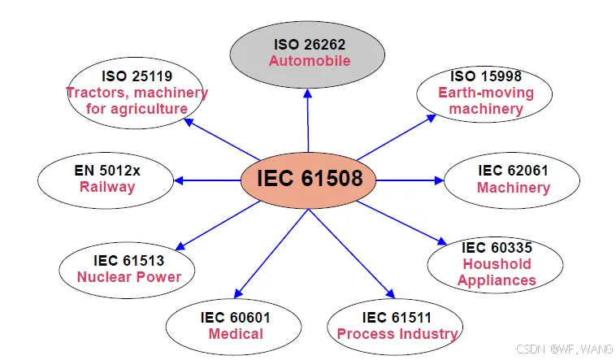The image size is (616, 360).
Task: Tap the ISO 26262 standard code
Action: [310, 44]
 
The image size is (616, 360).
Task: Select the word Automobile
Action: [310, 61]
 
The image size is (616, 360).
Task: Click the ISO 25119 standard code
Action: [137, 76]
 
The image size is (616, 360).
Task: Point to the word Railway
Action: [107, 187]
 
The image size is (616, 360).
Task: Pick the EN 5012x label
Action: [107, 171]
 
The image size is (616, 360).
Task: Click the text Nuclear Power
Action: [129, 276]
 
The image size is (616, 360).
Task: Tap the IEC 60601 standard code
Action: [236, 317]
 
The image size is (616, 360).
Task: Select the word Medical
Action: [236, 333]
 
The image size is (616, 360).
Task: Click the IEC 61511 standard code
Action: [397, 317]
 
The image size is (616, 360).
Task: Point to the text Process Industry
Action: [397, 333]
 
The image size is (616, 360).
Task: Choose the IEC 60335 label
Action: [497, 247]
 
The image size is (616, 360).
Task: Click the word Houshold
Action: [497, 263]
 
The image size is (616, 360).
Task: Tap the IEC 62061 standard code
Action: [513, 171]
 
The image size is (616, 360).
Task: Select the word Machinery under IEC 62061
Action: [513, 188]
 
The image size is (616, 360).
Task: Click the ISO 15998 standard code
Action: [486, 76]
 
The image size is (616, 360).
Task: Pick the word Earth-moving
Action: [486, 92]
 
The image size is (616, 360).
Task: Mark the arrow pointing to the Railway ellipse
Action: [207, 180]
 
